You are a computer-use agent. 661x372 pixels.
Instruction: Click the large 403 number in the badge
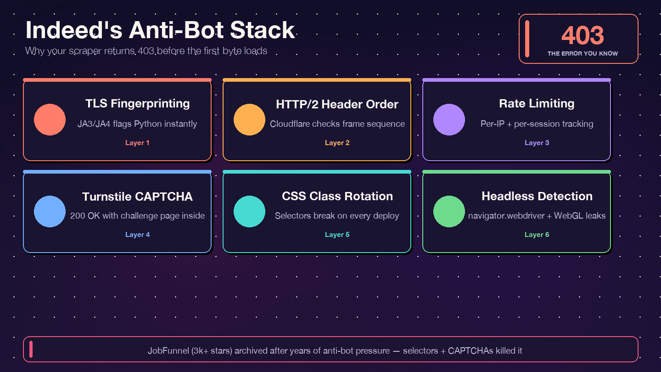coord(583,35)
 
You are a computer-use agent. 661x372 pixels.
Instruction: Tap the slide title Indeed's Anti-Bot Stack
coord(160,30)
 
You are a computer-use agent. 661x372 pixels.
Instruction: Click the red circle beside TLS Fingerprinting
coord(50,119)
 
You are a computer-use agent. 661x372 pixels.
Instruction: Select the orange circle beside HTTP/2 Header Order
coord(250,119)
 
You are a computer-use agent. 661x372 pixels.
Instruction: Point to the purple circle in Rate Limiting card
coord(449,119)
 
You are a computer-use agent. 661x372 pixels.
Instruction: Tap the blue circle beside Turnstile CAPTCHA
coord(50,211)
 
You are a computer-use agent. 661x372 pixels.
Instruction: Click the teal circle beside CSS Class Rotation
coord(250,211)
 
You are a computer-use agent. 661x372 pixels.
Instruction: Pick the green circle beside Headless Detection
coord(449,211)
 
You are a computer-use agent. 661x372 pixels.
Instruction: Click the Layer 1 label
coord(137,143)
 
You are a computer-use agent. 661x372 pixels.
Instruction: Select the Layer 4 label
coord(137,235)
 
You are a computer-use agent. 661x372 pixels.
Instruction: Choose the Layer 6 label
coord(537,235)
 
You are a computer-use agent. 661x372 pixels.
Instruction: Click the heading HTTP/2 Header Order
coord(337,104)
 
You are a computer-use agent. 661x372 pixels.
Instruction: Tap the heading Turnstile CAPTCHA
coord(137,197)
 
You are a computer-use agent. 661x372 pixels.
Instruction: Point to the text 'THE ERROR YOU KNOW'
coord(583,54)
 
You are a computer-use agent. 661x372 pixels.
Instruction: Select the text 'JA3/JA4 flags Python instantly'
coord(137,124)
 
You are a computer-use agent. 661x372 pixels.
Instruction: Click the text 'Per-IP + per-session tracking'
coord(537,124)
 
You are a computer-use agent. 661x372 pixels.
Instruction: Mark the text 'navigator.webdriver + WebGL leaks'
coord(537,216)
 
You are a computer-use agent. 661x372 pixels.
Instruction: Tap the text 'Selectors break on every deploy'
coord(337,216)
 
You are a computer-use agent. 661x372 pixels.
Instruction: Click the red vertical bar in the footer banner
coord(31,349)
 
